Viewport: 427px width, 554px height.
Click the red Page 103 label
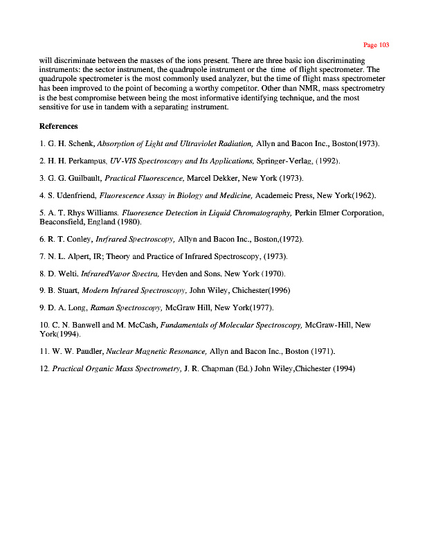tap(376, 45)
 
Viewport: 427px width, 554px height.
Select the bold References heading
tap(59, 126)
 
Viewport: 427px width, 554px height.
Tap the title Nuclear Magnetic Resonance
tap(156, 351)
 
